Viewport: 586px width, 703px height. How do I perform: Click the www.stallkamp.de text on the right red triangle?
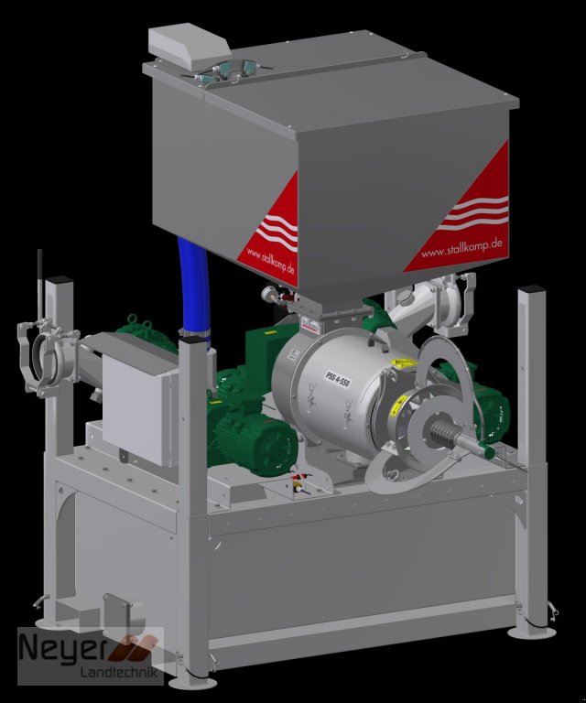(459, 248)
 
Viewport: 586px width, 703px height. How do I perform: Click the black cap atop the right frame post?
(530, 292)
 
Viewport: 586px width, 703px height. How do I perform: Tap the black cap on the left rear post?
(60, 278)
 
